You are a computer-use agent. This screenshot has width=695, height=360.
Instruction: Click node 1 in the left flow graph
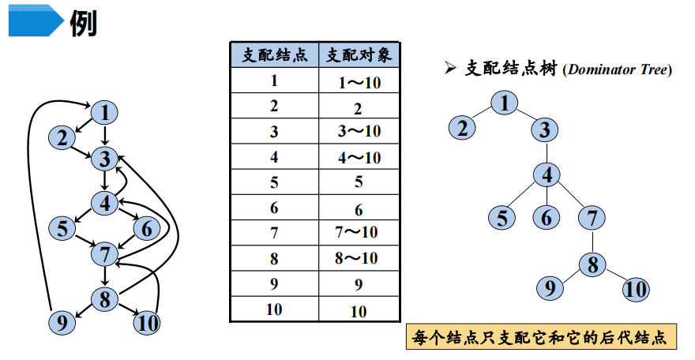104,113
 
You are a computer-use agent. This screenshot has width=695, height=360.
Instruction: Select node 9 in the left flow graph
60,321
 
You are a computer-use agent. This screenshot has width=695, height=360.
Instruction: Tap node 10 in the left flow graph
146,322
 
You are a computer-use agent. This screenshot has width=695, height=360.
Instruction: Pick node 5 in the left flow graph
61,229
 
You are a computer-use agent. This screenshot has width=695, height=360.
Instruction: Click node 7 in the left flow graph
104,254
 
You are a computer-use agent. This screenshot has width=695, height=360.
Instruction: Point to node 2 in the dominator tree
463,127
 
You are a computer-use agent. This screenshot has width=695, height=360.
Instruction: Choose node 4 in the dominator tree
546,174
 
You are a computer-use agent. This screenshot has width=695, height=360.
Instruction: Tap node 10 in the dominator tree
635,289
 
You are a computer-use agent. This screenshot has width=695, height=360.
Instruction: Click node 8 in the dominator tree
592,264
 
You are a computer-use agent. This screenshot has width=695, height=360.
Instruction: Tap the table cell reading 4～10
359,157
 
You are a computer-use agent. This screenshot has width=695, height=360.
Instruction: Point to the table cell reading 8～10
359,257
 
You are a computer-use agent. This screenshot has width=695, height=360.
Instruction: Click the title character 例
84,24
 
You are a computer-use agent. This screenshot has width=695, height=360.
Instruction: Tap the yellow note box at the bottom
541,338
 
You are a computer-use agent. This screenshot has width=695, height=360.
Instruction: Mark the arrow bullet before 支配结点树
451,69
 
